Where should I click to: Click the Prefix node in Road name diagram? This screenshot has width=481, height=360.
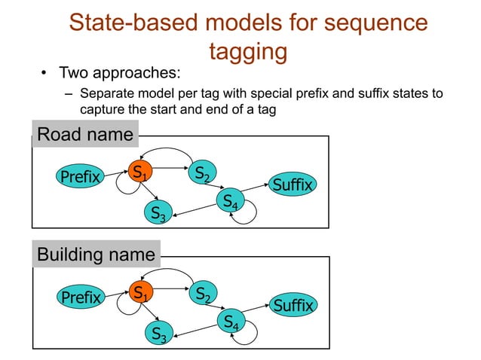click(x=80, y=178)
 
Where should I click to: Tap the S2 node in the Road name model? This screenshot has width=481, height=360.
click(x=201, y=174)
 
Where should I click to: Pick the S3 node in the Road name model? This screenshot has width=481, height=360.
click(x=158, y=213)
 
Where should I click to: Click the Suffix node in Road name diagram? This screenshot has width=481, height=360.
click(x=292, y=185)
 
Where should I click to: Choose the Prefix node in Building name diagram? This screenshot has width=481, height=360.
click(x=80, y=298)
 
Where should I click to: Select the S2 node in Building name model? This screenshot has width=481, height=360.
click(x=201, y=294)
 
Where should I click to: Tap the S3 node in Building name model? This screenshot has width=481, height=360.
click(x=158, y=333)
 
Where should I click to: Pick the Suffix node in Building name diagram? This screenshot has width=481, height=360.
click(x=293, y=306)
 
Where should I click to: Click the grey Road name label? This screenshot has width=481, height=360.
click(x=84, y=136)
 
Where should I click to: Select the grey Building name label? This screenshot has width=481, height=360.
click(x=96, y=255)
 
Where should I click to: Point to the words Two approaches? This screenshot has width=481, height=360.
click(x=120, y=74)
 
